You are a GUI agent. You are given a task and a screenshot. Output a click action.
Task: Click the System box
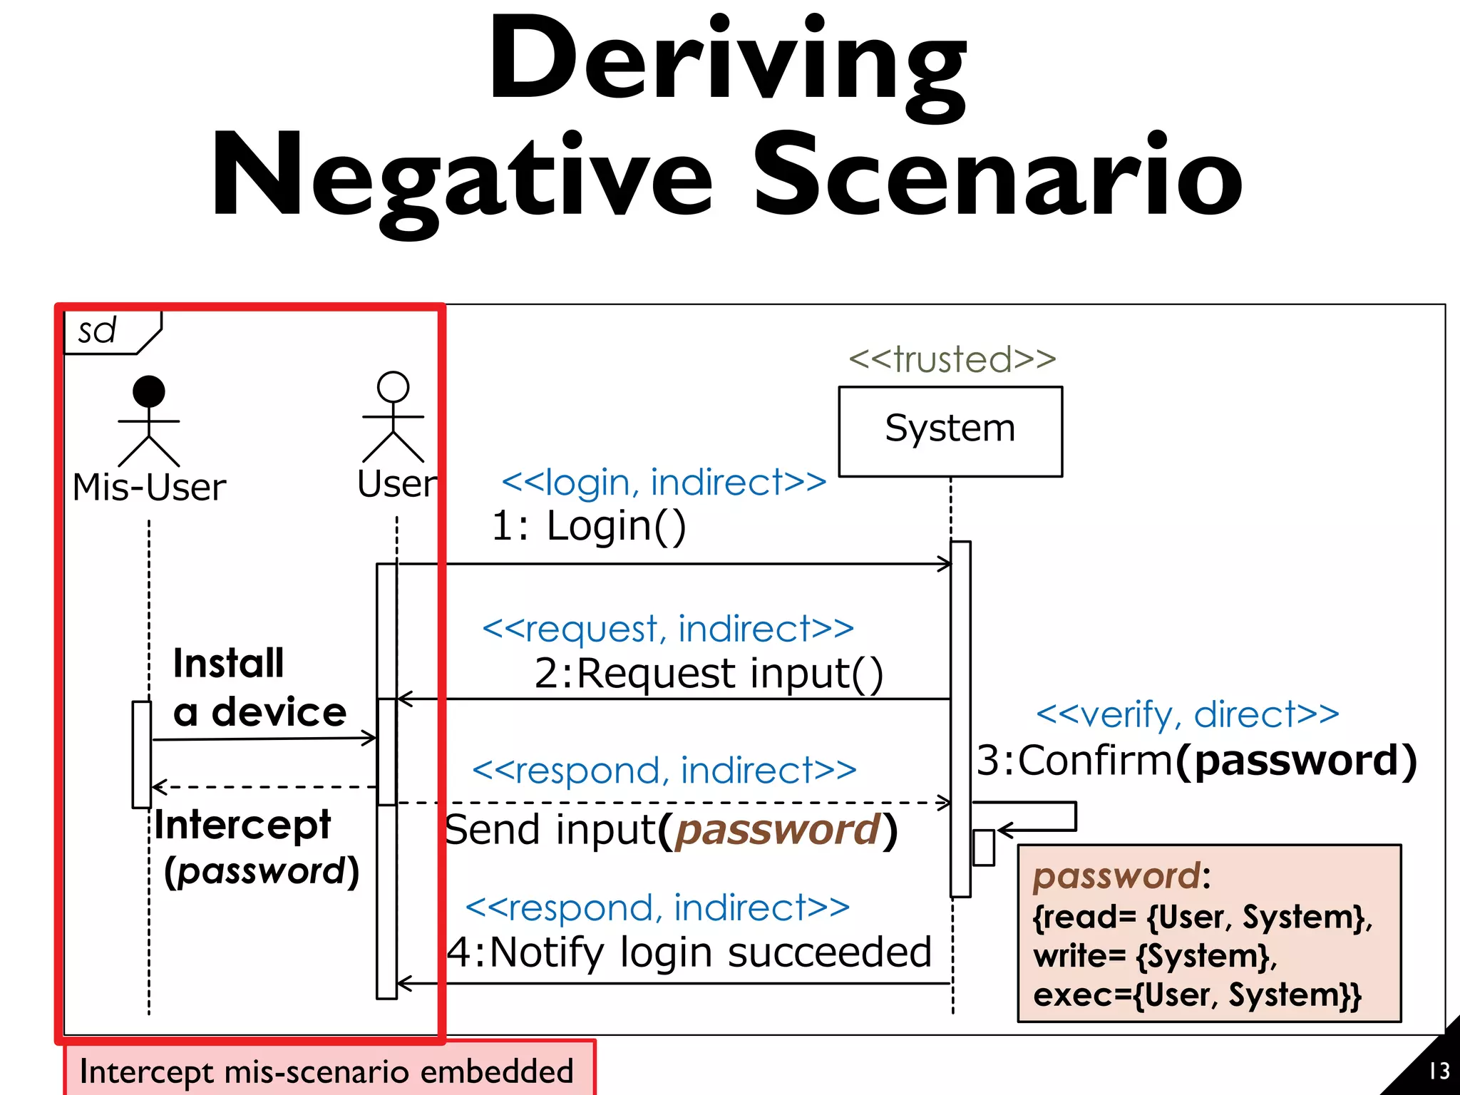coord(950,431)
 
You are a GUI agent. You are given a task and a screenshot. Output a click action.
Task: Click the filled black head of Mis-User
coord(149,391)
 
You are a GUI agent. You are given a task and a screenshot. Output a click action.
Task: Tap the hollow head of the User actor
coord(393,386)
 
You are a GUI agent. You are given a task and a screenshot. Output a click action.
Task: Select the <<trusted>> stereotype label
coord(952,359)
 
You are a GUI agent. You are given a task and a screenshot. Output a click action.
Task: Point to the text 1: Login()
coord(588,526)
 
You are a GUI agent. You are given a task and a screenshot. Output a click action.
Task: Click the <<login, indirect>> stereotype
coord(664,483)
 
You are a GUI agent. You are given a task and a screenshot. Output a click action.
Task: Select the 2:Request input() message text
coord(708,673)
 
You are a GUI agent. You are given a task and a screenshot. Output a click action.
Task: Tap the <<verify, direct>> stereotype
coord(1187,714)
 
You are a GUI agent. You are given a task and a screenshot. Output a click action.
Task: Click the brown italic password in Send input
coord(777,830)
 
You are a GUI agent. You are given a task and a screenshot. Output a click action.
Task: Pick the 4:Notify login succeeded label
coord(689,952)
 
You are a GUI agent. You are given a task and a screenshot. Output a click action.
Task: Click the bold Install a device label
coord(259,687)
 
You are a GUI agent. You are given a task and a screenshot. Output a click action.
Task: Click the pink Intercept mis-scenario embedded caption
coord(328,1071)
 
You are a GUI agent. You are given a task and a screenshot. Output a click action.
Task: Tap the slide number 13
coord(1439,1071)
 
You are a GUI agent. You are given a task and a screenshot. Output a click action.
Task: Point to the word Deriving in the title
coord(727,61)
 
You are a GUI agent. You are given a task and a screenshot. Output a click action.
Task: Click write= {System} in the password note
coord(1154,956)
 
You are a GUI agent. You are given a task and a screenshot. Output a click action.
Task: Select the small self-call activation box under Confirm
coord(983,848)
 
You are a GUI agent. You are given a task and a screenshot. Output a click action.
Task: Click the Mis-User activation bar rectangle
coord(142,754)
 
